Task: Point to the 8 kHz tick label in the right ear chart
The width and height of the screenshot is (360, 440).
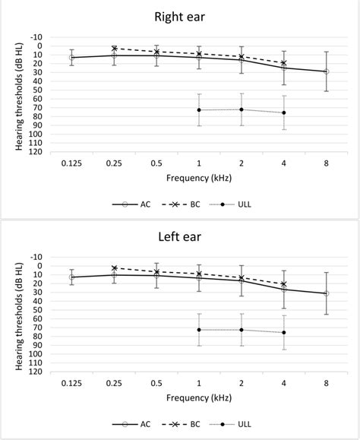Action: point(327,163)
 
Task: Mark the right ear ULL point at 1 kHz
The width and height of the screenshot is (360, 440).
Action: point(199,110)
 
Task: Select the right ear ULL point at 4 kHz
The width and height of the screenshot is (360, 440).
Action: point(284,112)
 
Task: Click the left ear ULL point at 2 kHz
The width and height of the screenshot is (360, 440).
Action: point(242,330)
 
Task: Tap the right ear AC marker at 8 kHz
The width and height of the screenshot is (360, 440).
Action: point(327,71)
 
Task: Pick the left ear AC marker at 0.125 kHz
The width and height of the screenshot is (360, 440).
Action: point(71,277)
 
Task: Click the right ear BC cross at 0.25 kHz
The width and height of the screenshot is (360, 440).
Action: point(114,48)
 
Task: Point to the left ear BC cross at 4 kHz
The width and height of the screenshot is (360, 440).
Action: point(284,284)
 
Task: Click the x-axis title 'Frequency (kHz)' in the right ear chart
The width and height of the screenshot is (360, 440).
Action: point(199,178)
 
